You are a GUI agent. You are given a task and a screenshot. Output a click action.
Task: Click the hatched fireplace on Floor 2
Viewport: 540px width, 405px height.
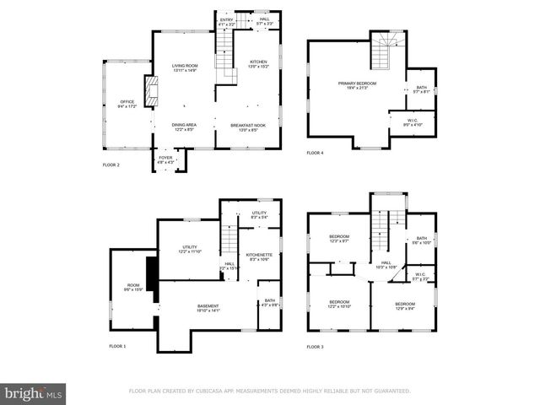tap(151, 92)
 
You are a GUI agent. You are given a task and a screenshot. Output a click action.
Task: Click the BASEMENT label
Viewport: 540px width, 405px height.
tap(208, 308)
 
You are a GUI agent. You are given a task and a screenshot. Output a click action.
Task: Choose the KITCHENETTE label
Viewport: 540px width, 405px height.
tap(258, 257)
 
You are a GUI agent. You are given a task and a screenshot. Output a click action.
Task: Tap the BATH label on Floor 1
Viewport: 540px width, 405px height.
tap(269, 302)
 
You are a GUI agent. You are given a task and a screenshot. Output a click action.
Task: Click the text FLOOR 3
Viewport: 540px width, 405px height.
tap(315, 347)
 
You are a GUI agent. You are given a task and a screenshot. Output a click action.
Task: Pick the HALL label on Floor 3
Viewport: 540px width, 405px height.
tap(386, 265)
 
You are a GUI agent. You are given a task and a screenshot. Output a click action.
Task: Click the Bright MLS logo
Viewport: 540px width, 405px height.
tap(33, 393)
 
